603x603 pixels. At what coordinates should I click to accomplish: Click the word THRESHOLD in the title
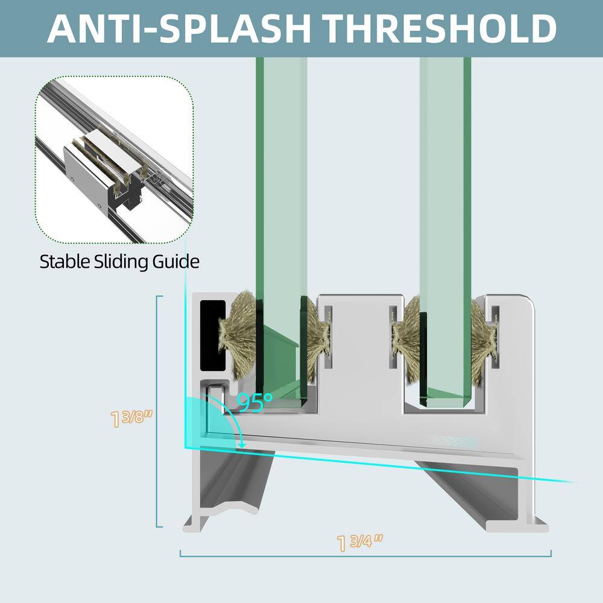point(439,28)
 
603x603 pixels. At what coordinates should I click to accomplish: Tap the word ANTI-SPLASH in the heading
point(179,28)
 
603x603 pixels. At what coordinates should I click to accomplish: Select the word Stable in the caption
point(65,262)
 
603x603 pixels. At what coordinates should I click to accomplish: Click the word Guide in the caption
point(176,262)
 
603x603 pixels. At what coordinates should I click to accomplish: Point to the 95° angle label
point(254,403)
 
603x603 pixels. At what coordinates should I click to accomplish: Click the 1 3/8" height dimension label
point(131,418)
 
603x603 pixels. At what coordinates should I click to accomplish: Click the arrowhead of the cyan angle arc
point(242,444)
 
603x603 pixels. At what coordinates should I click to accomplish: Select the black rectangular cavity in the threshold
point(213,336)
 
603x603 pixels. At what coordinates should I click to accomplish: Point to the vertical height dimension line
point(157,411)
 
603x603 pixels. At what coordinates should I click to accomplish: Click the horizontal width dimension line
point(365,556)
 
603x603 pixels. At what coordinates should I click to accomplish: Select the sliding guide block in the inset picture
point(104,169)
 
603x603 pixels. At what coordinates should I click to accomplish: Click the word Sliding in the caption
point(121,262)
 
